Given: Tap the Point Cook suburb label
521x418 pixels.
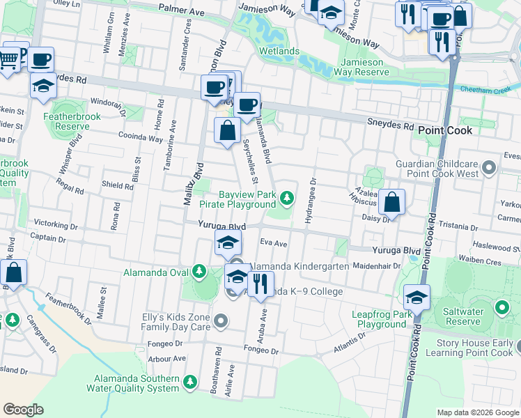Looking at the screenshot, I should pyautogui.click(x=445, y=130).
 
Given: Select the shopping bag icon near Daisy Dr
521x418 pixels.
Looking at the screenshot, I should pyautogui.click(x=393, y=203).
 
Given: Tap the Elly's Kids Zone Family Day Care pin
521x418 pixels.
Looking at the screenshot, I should pyautogui.click(x=221, y=321).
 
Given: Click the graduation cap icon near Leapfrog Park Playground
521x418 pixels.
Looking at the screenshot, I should pyautogui.click(x=417, y=297).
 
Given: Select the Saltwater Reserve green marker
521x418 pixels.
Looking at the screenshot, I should pyautogui.click(x=501, y=307).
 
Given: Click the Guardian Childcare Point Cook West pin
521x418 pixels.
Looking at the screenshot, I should pyautogui.click(x=488, y=167).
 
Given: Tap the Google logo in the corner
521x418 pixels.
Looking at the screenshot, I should pyautogui.click(x=23, y=410).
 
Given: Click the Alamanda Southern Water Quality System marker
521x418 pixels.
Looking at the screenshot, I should pyautogui.click(x=189, y=382).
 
